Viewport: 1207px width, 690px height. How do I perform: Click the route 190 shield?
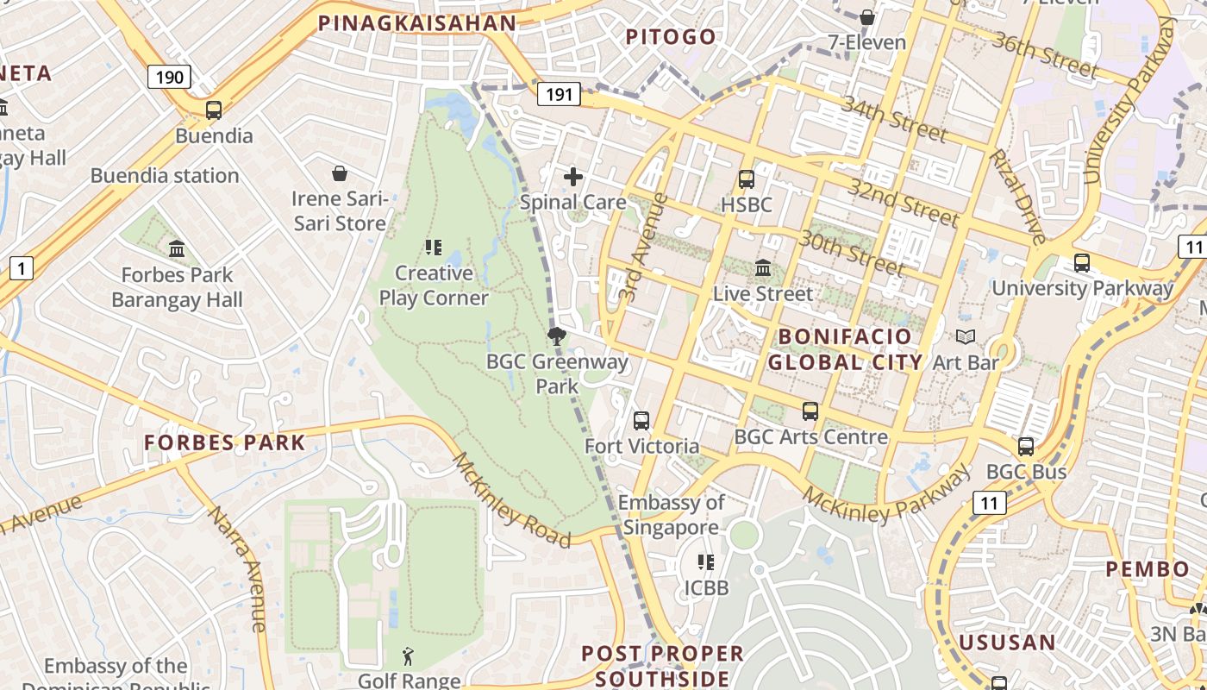(x=169, y=78)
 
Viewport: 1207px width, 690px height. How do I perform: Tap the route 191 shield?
(x=559, y=94)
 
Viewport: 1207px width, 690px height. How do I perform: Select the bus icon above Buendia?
(x=214, y=110)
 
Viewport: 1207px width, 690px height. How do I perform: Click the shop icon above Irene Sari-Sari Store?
(x=340, y=173)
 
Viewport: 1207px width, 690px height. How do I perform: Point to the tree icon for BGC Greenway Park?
(x=557, y=336)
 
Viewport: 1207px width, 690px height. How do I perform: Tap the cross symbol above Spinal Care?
(x=573, y=178)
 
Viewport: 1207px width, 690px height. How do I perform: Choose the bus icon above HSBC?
(x=747, y=179)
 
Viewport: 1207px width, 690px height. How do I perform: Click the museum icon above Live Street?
(x=763, y=268)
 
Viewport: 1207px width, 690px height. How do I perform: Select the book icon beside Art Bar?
(x=966, y=337)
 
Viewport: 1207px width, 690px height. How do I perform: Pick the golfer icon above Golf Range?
(x=409, y=656)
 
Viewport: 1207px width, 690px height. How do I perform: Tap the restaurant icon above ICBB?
(x=706, y=562)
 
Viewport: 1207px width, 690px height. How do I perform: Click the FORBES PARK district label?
(x=224, y=443)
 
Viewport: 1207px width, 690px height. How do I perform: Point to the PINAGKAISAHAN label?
(x=416, y=23)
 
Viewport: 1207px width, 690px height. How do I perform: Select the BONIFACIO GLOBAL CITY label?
(x=845, y=349)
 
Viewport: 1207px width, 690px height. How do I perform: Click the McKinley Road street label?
(x=511, y=500)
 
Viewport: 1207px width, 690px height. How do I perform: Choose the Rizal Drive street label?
(x=1017, y=196)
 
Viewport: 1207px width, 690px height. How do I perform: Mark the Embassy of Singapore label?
(x=672, y=515)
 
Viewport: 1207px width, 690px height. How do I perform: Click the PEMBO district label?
(x=1148, y=569)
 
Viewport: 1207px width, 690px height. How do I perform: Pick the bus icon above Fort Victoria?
(x=641, y=421)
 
